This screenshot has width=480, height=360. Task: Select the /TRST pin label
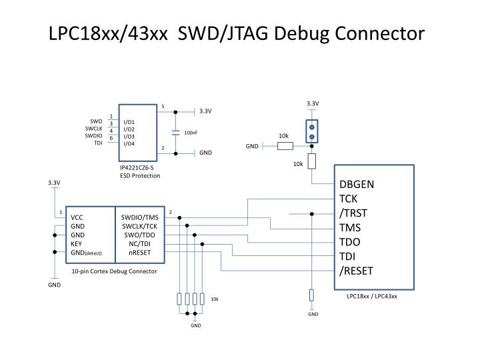point(353,213)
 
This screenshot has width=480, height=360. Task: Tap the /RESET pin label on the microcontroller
point(356,270)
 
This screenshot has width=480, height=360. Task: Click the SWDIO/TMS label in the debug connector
point(140,217)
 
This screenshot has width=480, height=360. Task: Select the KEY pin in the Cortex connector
point(77,244)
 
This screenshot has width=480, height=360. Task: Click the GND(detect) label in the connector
point(86,253)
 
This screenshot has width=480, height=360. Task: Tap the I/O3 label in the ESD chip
point(129,136)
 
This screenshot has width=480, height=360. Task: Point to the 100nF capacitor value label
point(191,133)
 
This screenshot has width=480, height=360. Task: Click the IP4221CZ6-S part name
point(137,168)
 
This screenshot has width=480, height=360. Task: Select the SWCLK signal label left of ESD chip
point(93,129)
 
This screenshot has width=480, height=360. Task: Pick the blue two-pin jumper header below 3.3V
point(311,131)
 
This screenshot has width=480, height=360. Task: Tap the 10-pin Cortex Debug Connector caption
point(115,271)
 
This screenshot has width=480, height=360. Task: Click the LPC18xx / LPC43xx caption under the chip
point(371,296)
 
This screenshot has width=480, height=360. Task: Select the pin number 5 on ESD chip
point(163,107)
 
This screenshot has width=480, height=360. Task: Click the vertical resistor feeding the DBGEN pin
point(311,161)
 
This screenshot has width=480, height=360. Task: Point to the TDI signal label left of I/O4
point(98,143)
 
